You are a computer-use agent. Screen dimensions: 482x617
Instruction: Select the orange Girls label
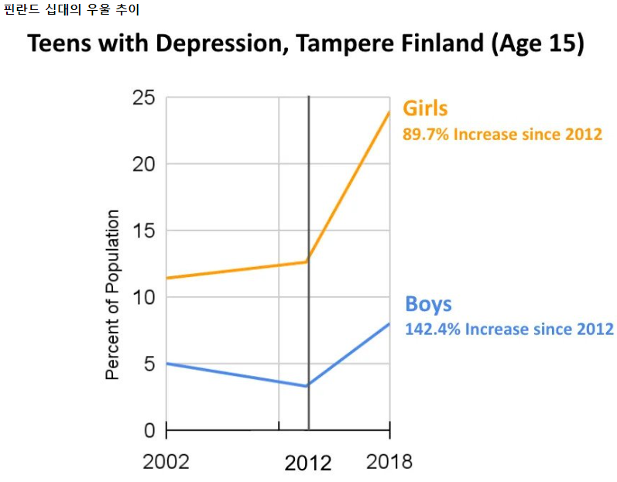[425, 108]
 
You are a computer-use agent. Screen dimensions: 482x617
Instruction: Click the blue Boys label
[428, 303]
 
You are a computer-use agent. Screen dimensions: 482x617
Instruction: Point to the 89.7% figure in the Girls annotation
[425, 134]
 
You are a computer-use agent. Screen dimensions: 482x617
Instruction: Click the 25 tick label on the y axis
[144, 98]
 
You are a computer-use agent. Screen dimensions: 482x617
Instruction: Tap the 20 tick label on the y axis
[144, 165]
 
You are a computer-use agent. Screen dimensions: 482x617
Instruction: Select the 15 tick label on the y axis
[144, 231]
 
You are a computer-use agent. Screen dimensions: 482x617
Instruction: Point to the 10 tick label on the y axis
[144, 298]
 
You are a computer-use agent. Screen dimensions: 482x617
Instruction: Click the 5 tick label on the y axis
[149, 364]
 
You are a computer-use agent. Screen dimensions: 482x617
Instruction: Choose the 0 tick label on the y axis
[149, 430]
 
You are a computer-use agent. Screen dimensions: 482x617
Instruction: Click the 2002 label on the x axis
[166, 462]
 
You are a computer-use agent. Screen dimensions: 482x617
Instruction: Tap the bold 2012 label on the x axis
[307, 463]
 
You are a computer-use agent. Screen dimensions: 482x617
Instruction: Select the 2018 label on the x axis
[389, 462]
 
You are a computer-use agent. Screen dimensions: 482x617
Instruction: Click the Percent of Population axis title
[113, 294]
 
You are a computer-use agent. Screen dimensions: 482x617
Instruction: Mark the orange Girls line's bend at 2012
[308, 262]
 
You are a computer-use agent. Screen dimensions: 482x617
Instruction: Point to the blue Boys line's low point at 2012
[308, 385]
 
